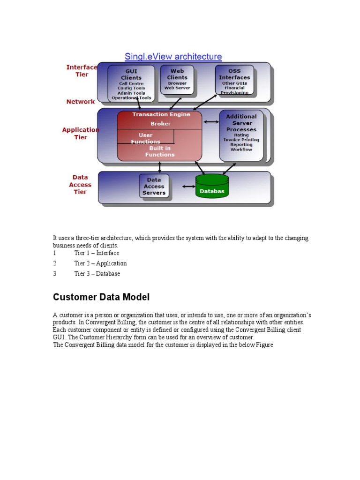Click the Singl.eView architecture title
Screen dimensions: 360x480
click(x=173, y=57)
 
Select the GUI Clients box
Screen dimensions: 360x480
click(x=131, y=83)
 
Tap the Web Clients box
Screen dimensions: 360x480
click(x=177, y=80)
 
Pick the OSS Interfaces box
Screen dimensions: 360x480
click(x=234, y=80)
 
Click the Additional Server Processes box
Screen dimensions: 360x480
click(x=241, y=135)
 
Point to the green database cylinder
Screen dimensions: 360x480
click(x=212, y=186)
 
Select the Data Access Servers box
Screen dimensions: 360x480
click(x=154, y=186)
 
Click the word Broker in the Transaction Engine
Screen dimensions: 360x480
click(x=161, y=124)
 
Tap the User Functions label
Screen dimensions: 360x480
click(x=145, y=138)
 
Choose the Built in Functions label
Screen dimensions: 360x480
click(x=160, y=151)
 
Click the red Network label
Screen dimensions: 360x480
click(x=81, y=102)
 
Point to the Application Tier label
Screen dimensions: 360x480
click(x=81, y=134)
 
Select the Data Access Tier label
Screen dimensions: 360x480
click(x=80, y=185)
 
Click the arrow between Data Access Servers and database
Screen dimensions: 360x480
click(x=188, y=187)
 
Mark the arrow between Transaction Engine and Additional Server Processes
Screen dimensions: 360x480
click(x=211, y=122)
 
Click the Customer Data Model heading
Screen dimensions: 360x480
click(x=101, y=297)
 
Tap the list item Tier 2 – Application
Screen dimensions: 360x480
click(x=100, y=263)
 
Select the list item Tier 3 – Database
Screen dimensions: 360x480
click(x=97, y=274)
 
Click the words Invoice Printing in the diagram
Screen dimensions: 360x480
click(x=241, y=140)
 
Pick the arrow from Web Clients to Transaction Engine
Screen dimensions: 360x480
click(x=175, y=104)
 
